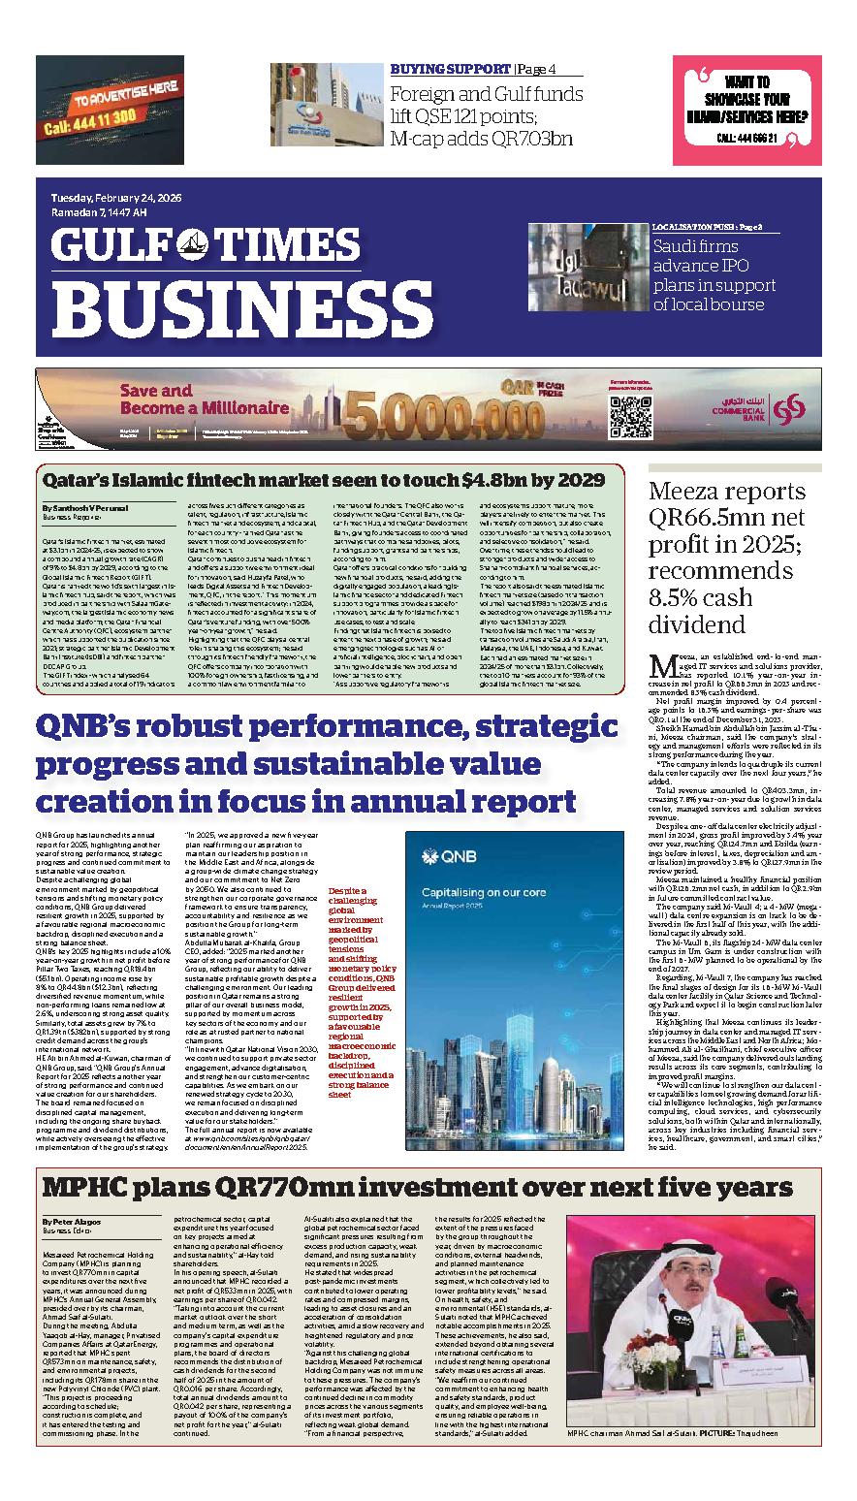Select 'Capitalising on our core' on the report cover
pyautogui.click(x=478, y=891)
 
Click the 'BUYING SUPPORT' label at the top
pyautogui.click(x=450, y=69)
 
